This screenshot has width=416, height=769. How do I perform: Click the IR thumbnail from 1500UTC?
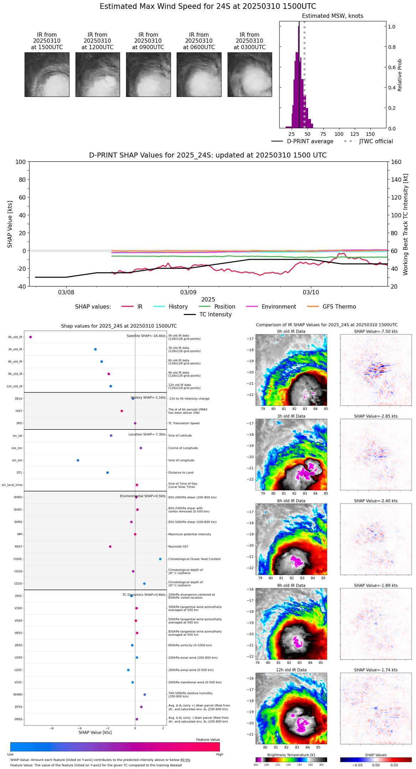(47, 74)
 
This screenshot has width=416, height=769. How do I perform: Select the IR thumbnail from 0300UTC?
(250, 74)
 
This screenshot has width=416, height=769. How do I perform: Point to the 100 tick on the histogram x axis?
(339, 134)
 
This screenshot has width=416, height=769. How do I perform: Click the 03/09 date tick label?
(188, 293)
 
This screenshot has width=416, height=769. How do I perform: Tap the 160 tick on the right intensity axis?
(396, 162)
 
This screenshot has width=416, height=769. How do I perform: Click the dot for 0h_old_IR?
(31, 337)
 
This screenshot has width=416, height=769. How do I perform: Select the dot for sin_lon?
(78, 460)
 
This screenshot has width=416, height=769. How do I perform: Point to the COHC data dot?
(160, 559)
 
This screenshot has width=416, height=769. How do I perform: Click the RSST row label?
(18, 547)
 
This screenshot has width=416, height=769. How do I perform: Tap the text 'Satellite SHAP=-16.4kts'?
(146, 336)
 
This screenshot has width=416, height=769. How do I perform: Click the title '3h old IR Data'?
(291, 416)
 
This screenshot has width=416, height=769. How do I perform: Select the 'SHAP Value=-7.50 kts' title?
(376, 331)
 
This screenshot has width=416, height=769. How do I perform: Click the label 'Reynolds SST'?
(178, 547)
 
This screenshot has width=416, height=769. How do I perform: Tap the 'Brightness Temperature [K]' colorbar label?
(291, 755)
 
